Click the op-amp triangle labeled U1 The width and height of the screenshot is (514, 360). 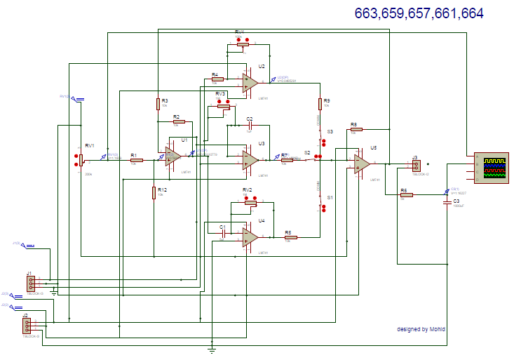tap(173, 156)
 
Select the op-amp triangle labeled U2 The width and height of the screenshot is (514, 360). tap(250, 83)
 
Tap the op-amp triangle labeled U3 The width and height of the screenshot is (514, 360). tap(250, 160)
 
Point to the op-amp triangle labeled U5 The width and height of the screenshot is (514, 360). tap(362, 164)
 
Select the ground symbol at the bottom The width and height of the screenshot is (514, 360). tap(212, 347)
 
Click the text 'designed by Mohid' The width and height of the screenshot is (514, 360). tap(421, 329)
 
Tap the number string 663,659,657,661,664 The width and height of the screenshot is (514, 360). tap(419, 13)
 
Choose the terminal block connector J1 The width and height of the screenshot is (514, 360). tap(31, 284)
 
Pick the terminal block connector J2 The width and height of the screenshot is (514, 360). tap(27, 326)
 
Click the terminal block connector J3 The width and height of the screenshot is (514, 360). tap(416, 166)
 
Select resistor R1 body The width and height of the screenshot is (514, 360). tap(136, 161)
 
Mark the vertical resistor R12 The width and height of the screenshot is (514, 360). tap(154, 193)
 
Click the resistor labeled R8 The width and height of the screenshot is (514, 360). tap(356, 129)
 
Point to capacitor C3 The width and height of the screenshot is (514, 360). tap(447, 202)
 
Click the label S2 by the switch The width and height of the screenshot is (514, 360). tap(307, 152)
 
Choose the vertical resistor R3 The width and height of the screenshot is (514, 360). tap(158, 105)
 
